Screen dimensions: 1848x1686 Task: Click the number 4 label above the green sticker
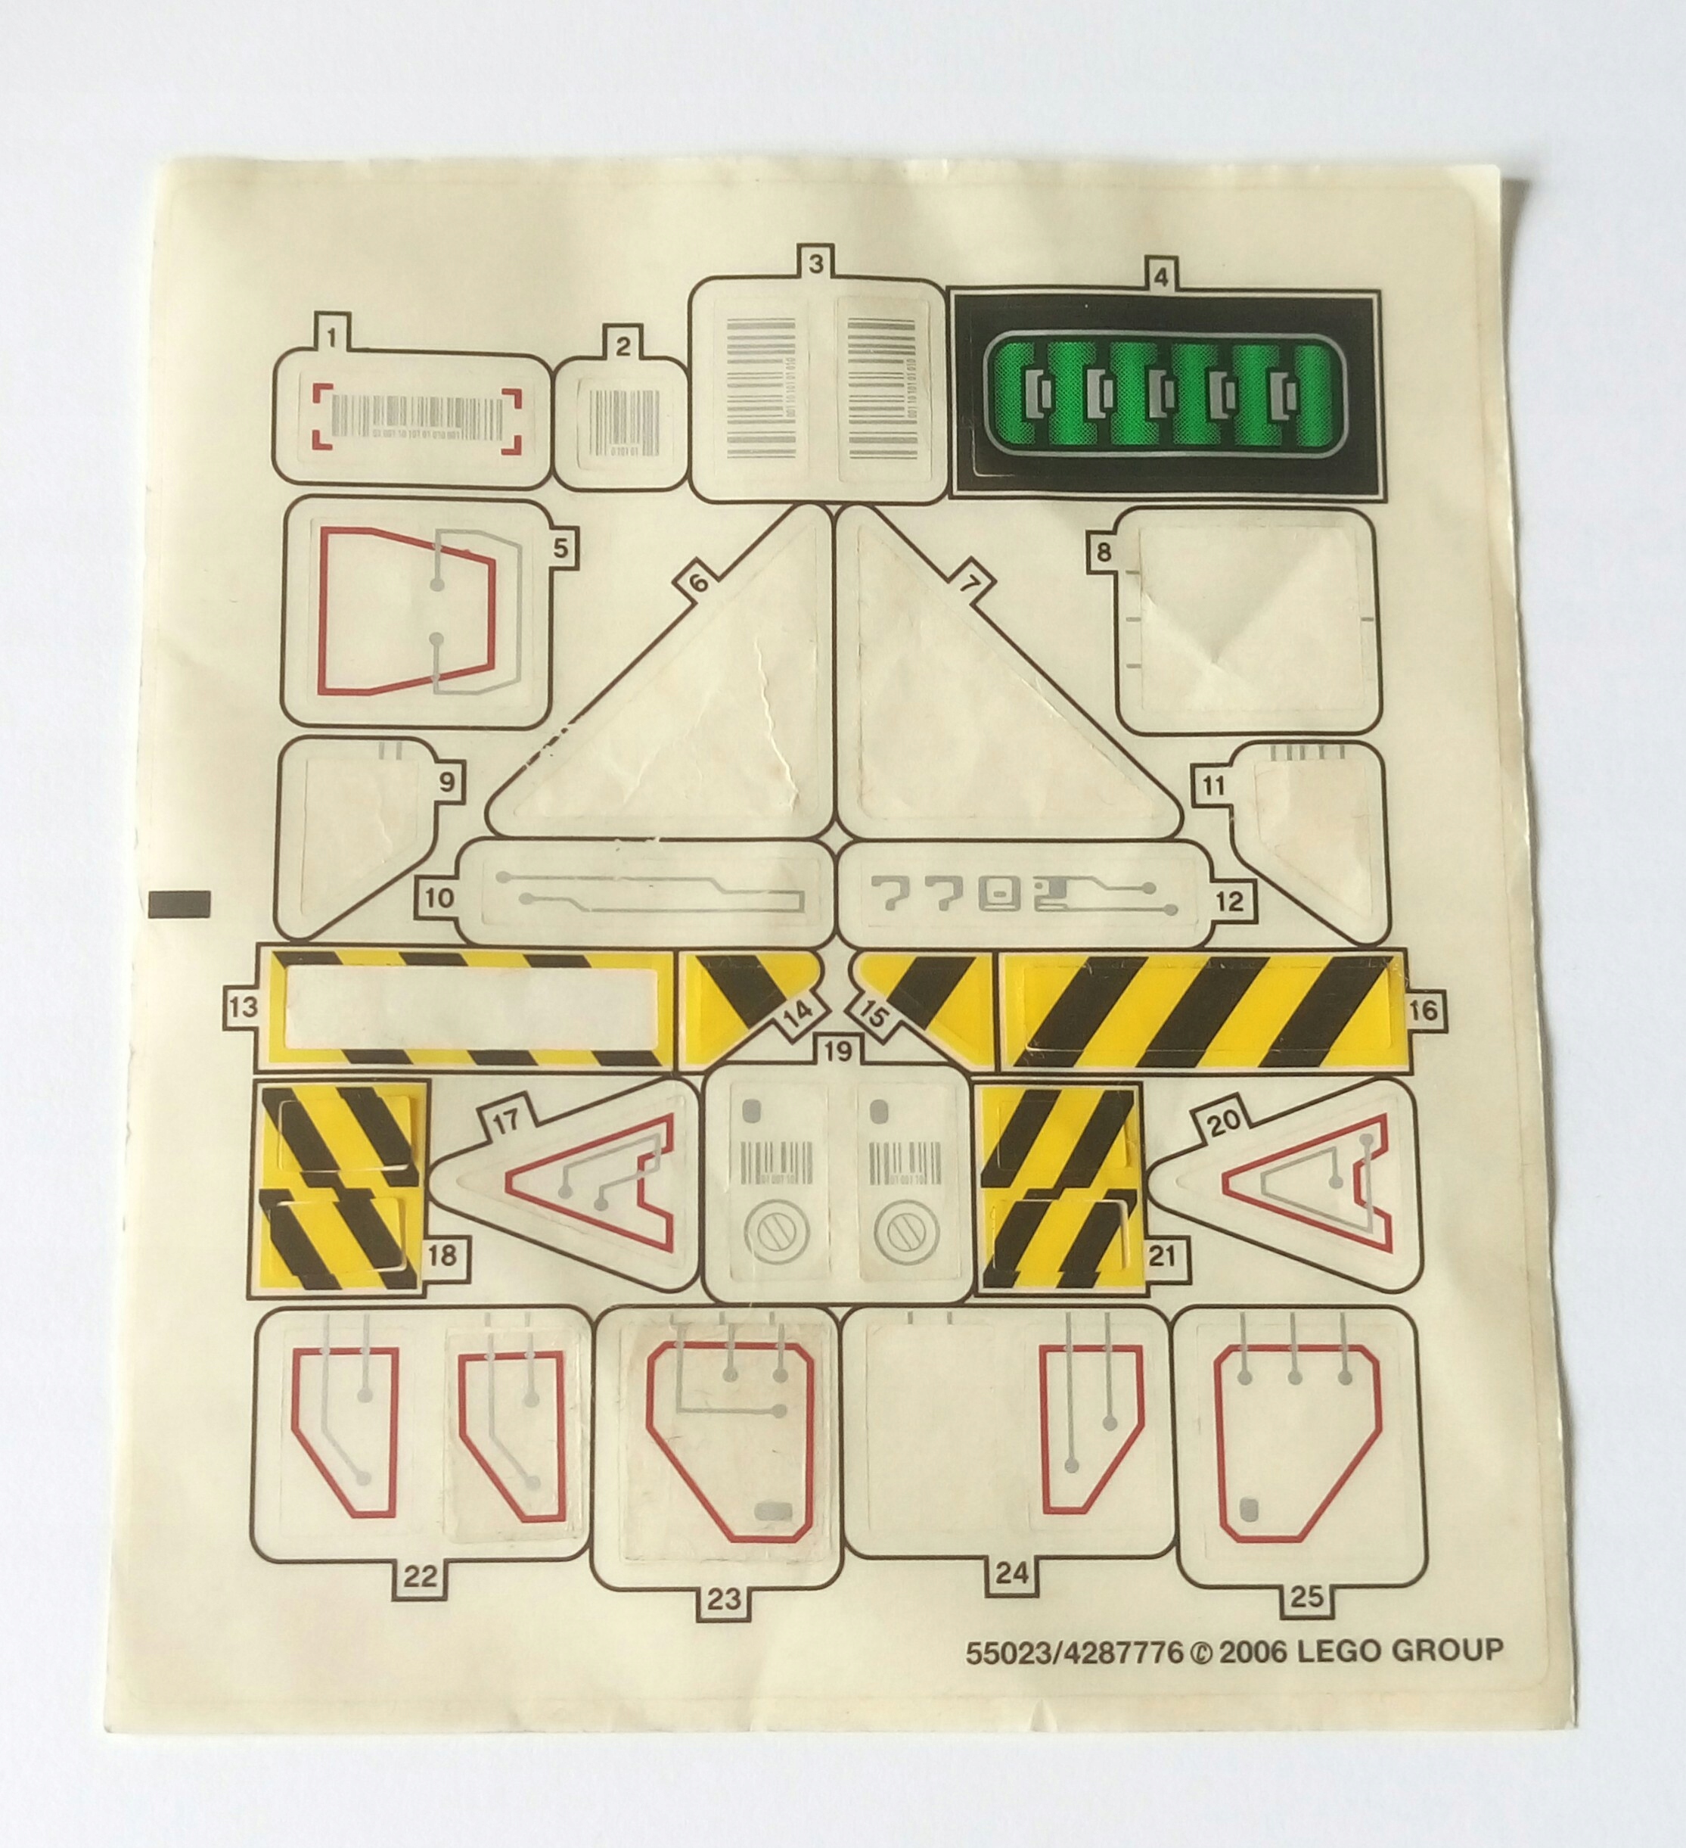(1161, 276)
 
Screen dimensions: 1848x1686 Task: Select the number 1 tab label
(333, 338)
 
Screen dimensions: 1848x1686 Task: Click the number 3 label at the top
(815, 264)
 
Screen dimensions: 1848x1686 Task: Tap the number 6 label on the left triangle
(698, 583)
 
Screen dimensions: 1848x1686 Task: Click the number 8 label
(1104, 552)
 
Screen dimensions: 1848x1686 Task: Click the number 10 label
(439, 897)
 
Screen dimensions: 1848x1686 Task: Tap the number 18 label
(442, 1255)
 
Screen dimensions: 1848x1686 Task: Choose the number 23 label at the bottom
(724, 1601)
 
